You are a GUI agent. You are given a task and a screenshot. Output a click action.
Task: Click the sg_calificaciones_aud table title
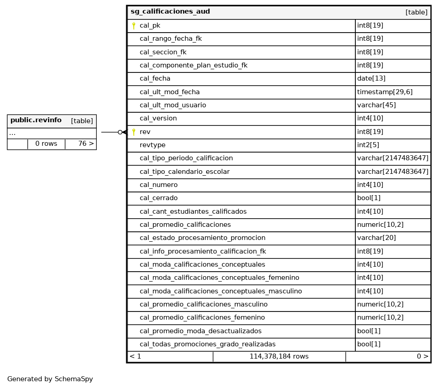[x=170, y=12]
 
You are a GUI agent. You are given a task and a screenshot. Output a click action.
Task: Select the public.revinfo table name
[x=36, y=120]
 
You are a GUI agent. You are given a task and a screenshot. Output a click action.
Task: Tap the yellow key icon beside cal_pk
[x=134, y=26]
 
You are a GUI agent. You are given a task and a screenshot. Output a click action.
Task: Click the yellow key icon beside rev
[x=134, y=132]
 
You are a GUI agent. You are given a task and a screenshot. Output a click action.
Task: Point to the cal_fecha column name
[x=155, y=79]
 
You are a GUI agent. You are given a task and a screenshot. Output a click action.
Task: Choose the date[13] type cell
[x=371, y=79]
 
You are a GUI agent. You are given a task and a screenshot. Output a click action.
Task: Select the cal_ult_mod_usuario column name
[x=173, y=105]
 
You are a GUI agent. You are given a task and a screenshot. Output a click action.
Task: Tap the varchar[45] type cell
[x=376, y=105]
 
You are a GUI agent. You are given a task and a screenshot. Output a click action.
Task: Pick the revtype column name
[x=152, y=145]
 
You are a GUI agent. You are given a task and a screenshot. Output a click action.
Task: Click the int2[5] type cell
[x=368, y=145]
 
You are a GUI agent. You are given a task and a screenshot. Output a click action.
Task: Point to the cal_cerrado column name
[x=158, y=198]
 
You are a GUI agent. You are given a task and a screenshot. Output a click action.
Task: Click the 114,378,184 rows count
[x=279, y=357]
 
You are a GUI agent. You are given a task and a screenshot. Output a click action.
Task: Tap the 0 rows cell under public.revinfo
[x=46, y=144]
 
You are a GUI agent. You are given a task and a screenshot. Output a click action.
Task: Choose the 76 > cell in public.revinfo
[x=86, y=144]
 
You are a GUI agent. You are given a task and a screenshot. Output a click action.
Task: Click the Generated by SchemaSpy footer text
[x=50, y=379]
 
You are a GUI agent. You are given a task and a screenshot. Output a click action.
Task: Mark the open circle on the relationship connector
[x=120, y=132]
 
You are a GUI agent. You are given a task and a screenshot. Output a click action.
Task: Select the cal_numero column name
[x=158, y=185]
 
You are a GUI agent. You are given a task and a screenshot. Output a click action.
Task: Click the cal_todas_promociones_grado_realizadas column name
[x=208, y=344]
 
